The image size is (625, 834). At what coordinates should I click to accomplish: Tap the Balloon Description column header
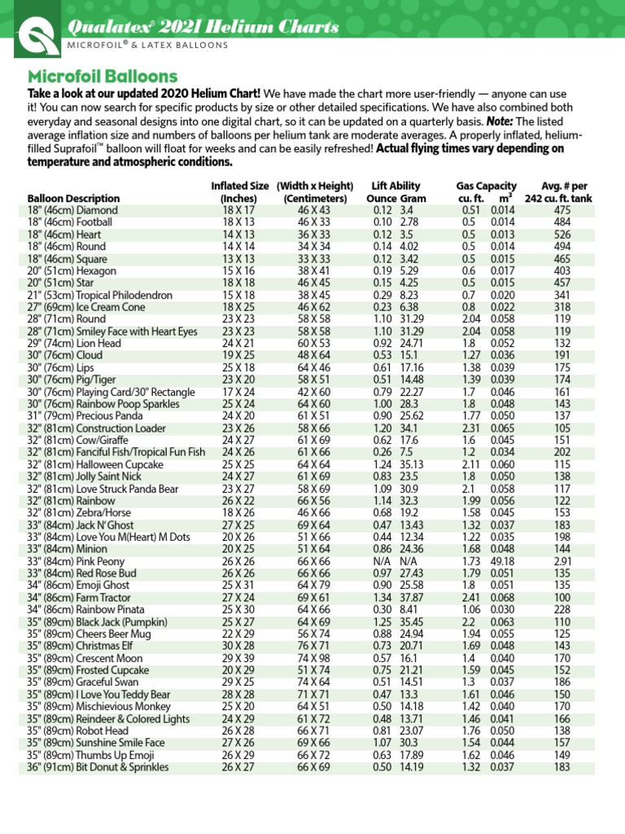click(73, 198)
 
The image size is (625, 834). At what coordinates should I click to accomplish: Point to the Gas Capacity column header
click(486, 186)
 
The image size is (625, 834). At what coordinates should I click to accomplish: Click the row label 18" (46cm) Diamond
click(72, 209)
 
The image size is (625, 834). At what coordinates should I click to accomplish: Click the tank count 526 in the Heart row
click(562, 234)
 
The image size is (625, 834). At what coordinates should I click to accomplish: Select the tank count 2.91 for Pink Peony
click(562, 561)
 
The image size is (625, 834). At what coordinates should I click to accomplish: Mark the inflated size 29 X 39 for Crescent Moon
click(238, 657)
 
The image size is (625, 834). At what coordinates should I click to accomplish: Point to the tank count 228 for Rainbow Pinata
click(562, 609)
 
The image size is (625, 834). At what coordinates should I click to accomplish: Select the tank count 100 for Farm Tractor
click(562, 598)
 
